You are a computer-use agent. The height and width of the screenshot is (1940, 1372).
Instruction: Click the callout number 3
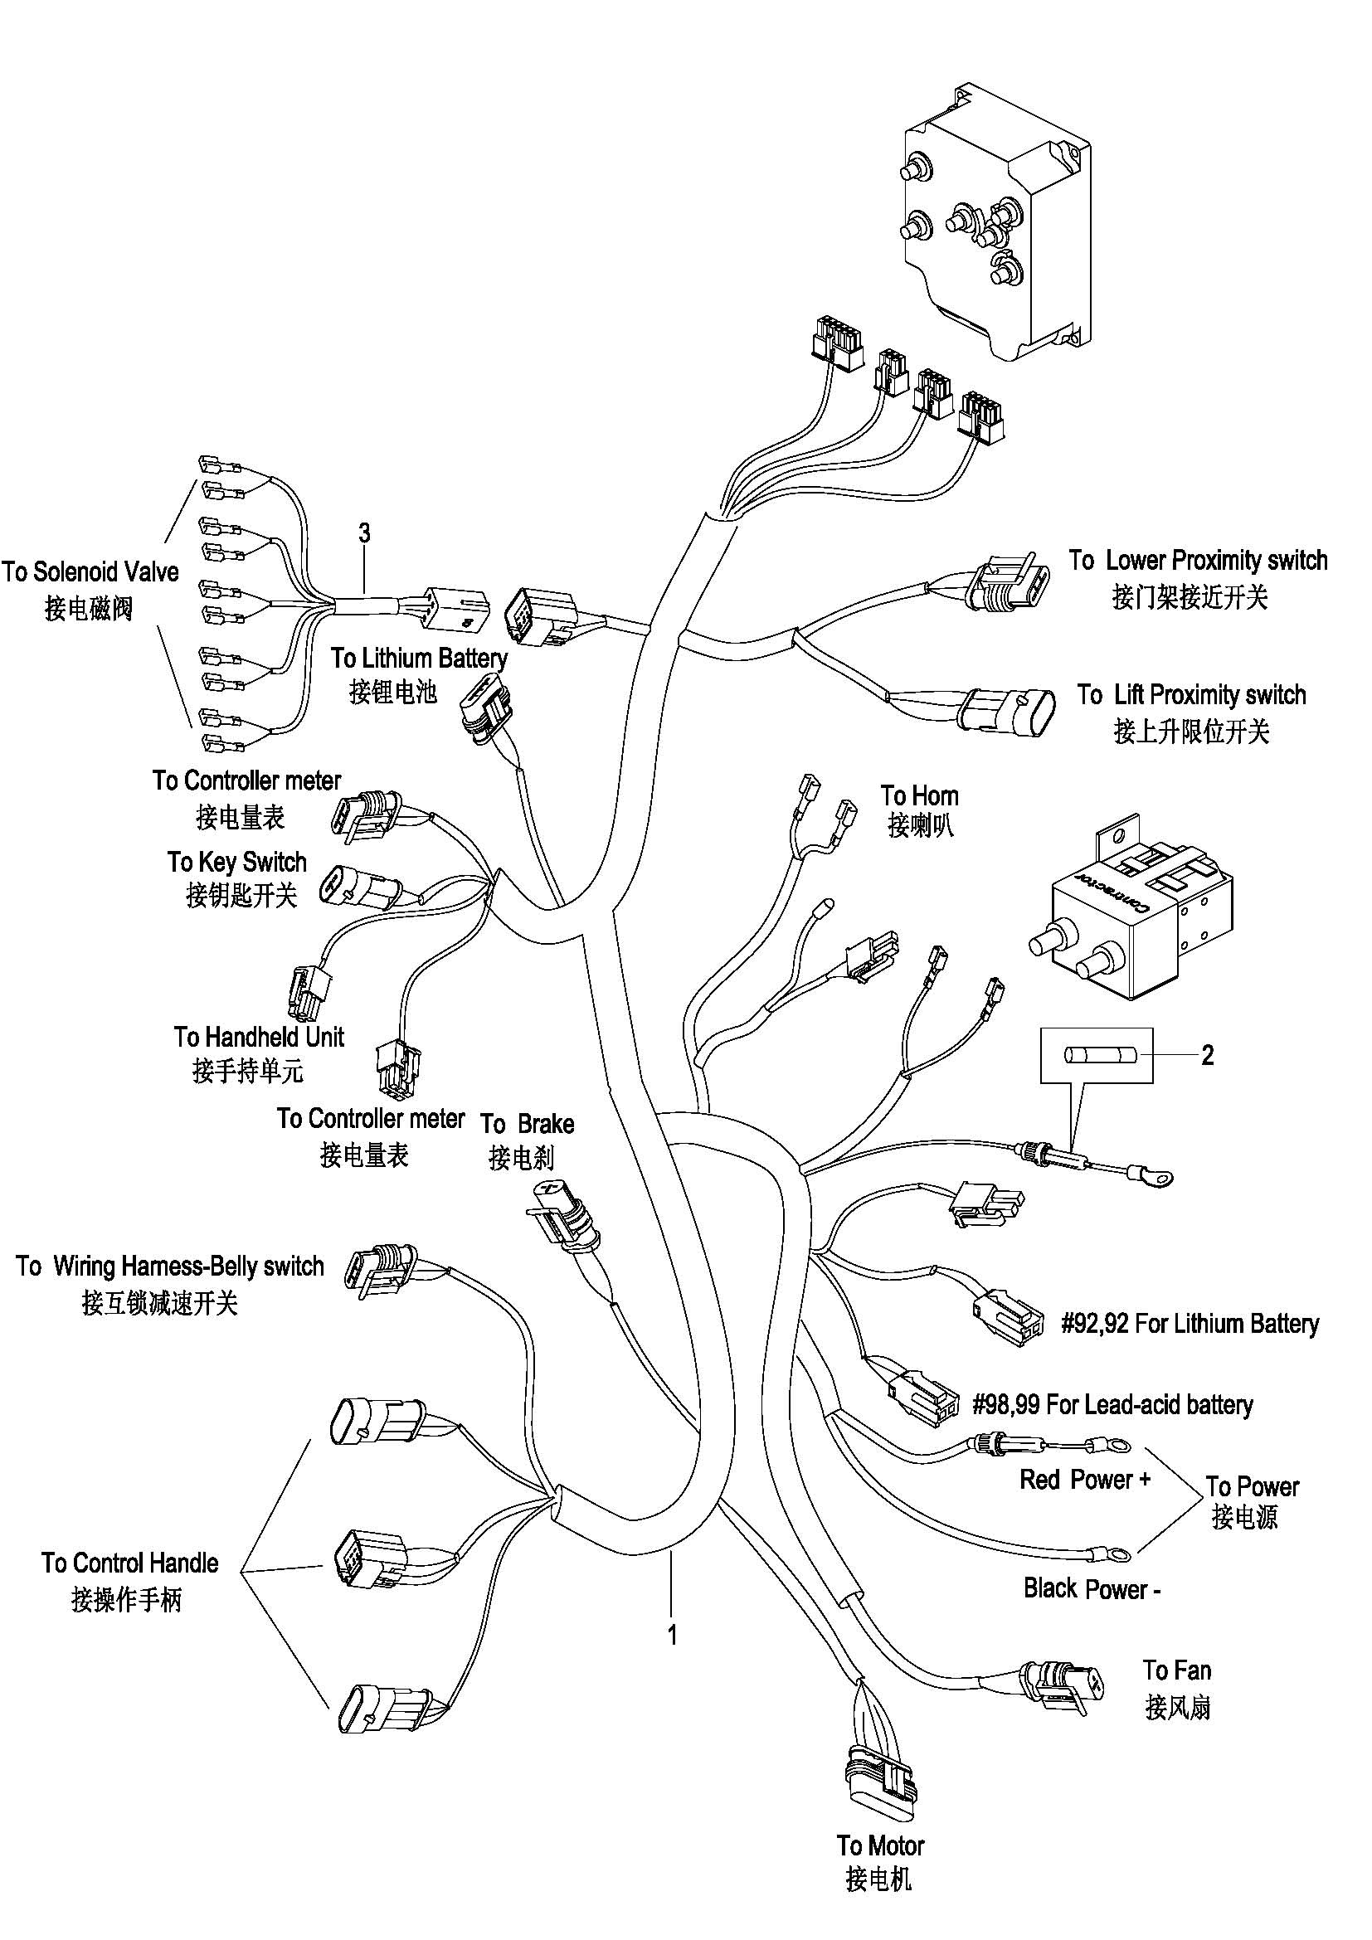coord(364,533)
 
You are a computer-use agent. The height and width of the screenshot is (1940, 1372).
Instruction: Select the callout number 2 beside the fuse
coord(1207,1054)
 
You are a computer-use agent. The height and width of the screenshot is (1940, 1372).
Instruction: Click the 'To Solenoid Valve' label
coord(90,572)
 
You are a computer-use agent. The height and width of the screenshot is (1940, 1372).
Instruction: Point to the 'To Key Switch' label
coord(236,862)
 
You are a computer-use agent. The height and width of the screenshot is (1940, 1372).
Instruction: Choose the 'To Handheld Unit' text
coord(259,1037)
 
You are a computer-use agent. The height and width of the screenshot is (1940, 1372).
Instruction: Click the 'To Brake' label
coord(528,1124)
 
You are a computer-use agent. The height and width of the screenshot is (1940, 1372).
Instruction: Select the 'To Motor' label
coord(880,1845)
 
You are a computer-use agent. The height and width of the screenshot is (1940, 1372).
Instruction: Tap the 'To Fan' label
coord(1177,1670)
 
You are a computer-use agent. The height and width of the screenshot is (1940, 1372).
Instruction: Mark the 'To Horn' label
coord(919,795)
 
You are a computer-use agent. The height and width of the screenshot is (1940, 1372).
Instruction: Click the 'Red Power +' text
coord(1085,1480)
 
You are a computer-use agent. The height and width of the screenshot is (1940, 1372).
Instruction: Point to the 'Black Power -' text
coord(1092,1588)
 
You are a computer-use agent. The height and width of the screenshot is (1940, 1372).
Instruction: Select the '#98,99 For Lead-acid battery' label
coord(1112,1404)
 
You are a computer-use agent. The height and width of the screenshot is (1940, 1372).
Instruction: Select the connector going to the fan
coord(1062,1683)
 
